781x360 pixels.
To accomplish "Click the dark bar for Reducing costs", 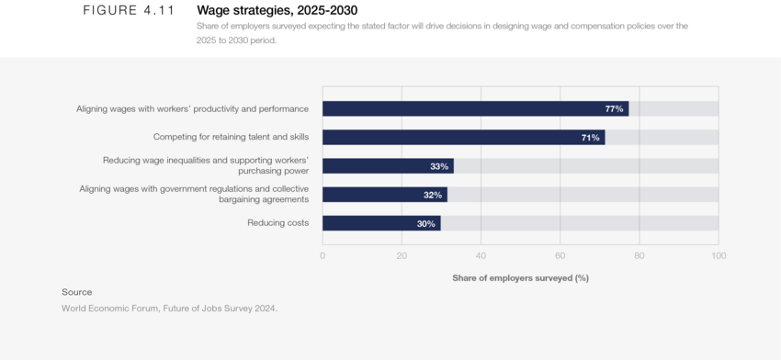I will [x=381, y=223].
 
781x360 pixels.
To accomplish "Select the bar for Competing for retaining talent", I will [x=463, y=138].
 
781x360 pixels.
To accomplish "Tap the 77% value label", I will [x=614, y=109].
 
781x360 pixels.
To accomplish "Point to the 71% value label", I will [x=590, y=138].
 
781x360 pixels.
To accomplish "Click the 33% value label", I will [x=438, y=166].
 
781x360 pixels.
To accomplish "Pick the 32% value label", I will [x=432, y=195].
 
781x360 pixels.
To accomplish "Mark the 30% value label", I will [x=425, y=223].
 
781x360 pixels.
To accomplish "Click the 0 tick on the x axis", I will [x=323, y=255].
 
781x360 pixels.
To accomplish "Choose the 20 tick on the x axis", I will [x=402, y=255].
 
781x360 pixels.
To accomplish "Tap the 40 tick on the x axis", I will [x=481, y=255].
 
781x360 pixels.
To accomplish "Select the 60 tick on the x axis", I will [x=560, y=255].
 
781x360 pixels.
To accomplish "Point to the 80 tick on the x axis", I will [x=640, y=255].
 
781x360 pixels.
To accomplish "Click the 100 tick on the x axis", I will [x=719, y=255].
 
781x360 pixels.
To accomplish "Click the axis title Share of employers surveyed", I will [x=520, y=277].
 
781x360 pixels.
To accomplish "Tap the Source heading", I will [x=77, y=292].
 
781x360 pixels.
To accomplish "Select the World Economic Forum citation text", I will [x=169, y=309].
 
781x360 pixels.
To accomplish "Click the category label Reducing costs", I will [x=277, y=223].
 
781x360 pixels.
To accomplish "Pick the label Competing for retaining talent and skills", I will [x=231, y=138].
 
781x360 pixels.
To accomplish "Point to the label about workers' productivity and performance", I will [x=192, y=109].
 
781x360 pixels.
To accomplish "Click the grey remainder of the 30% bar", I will [x=579, y=223].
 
